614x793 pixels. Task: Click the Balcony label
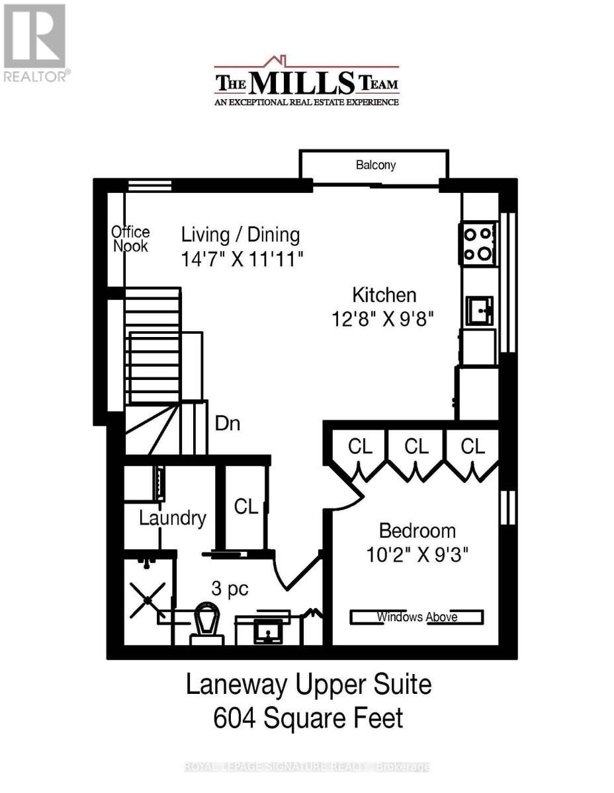(x=375, y=165)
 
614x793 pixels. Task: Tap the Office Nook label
(x=130, y=239)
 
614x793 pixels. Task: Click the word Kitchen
(x=384, y=295)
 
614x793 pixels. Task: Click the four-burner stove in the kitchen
(x=478, y=243)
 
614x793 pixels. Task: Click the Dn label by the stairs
(x=227, y=424)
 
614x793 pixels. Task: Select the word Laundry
(x=172, y=518)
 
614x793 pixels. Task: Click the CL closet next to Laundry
(x=245, y=507)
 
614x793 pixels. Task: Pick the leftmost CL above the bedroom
(x=361, y=446)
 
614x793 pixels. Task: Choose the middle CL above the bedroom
(x=416, y=446)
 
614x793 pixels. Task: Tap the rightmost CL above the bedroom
(x=472, y=446)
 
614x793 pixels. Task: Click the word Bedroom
(x=417, y=531)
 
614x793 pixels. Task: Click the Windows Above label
(x=417, y=617)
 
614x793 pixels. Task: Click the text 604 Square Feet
(x=308, y=718)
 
